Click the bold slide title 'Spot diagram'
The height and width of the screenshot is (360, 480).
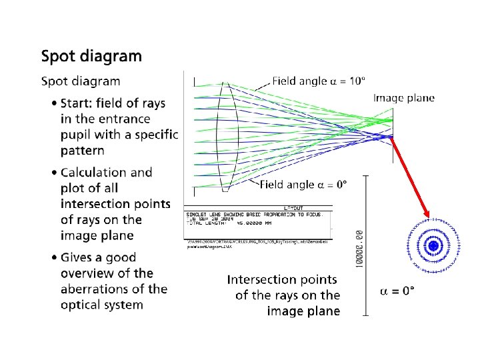pyautogui.click(x=91, y=55)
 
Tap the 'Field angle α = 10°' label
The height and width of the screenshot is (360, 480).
pyautogui.click(x=319, y=81)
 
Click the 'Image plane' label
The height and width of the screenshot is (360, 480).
pyautogui.click(x=404, y=98)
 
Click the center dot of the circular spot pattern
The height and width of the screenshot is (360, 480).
pyautogui.click(x=433, y=247)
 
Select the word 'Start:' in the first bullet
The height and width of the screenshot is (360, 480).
pyautogui.click(x=78, y=103)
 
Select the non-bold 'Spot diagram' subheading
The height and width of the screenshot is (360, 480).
pyautogui.click(x=81, y=81)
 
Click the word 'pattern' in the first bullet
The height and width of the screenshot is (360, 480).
pyautogui.click(x=83, y=151)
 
